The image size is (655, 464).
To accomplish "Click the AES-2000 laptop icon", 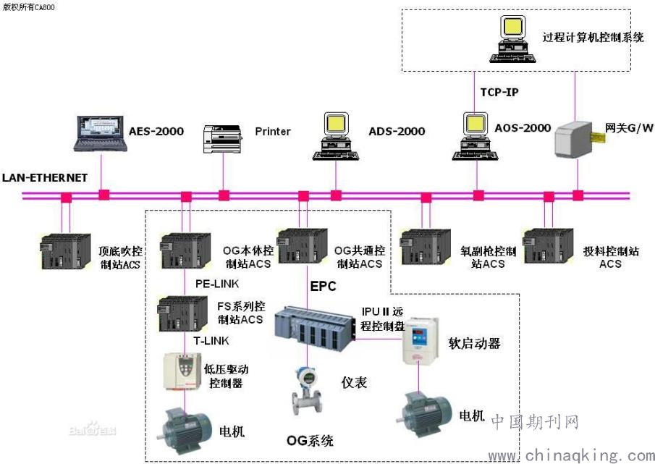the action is click(101, 134).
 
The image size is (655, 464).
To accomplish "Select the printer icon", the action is click(223, 139).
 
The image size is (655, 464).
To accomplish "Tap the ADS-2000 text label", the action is click(397, 132).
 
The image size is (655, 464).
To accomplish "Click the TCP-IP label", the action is click(499, 92).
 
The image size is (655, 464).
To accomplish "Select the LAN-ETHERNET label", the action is click(45, 178).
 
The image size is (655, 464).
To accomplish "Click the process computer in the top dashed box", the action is click(512, 39).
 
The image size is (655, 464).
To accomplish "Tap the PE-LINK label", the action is click(217, 284).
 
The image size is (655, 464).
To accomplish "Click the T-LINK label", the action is click(211, 341).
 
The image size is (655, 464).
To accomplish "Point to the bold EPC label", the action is click(323, 287).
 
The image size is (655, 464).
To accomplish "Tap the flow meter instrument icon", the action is click(307, 390).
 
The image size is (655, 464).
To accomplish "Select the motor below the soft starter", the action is click(424, 413).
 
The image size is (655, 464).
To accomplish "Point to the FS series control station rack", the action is click(182, 313).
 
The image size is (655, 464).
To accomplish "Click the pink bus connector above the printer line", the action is click(224, 195).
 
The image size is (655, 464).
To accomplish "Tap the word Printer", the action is click(273, 132).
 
